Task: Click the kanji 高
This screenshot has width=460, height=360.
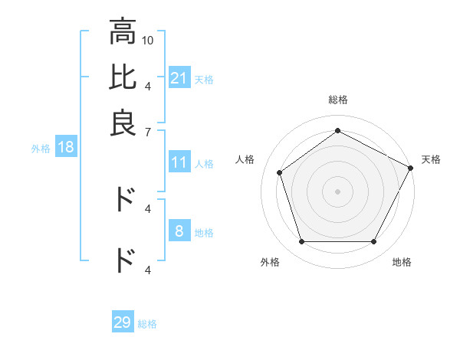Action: (x=123, y=32)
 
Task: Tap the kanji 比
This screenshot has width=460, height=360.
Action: (x=123, y=77)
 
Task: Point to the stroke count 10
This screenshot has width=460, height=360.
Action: (x=148, y=40)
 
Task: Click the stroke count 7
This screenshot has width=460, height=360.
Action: (x=148, y=132)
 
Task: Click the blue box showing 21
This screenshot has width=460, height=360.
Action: (x=179, y=78)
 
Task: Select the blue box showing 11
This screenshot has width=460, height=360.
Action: (x=179, y=162)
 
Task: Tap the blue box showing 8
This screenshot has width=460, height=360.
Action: (x=179, y=231)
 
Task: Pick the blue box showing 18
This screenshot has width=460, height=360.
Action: (x=65, y=147)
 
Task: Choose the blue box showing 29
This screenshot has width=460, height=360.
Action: (x=123, y=322)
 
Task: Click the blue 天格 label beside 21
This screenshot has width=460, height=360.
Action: (x=204, y=79)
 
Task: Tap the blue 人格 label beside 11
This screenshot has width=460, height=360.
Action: (x=204, y=163)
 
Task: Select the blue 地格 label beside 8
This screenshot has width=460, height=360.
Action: (x=204, y=232)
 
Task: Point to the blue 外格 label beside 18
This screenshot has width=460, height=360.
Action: (x=41, y=148)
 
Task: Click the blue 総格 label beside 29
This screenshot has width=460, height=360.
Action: (x=147, y=323)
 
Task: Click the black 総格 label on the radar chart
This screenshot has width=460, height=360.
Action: (x=337, y=100)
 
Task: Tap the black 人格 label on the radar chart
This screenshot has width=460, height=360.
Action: (x=245, y=159)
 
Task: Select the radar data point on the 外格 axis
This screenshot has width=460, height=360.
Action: (x=301, y=242)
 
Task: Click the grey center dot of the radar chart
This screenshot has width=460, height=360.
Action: (x=337, y=191)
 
